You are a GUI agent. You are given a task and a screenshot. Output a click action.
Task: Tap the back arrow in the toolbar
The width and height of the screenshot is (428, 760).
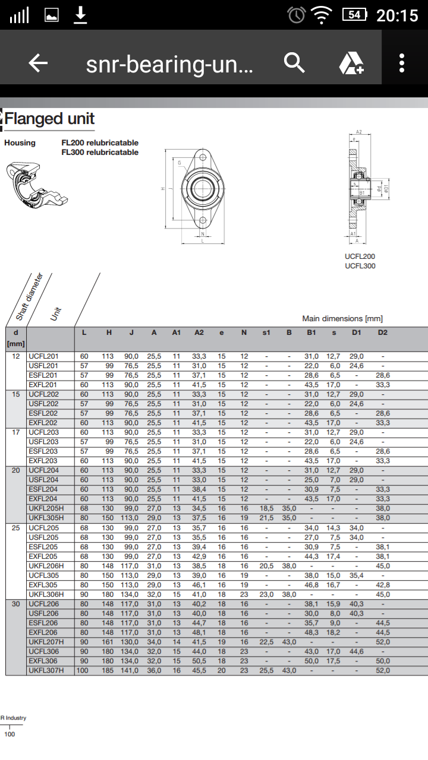pyautogui.click(x=38, y=63)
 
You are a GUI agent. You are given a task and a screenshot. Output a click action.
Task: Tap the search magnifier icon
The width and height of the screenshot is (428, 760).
pyautogui.click(x=294, y=62)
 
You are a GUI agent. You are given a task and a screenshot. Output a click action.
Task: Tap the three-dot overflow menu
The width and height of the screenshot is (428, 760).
pyautogui.click(x=402, y=63)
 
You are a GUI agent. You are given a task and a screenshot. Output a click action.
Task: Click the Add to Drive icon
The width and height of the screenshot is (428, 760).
pyautogui.click(x=351, y=63)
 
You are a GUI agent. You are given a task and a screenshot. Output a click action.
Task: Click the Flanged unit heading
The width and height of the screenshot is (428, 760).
pyautogui.click(x=50, y=119)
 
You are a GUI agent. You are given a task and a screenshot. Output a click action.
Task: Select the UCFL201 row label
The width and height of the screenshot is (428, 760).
pyautogui.click(x=43, y=356)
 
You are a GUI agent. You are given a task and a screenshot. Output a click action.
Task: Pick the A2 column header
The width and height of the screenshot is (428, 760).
pyautogui.click(x=199, y=332)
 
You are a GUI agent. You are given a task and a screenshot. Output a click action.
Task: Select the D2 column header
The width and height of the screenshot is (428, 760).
pyautogui.click(x=382, y=332)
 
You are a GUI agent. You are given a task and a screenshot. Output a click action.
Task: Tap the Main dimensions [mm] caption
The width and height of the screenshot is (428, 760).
pyautogui.click(x=342, y=319)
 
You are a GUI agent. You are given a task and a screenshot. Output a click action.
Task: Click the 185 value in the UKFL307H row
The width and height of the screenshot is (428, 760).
pyautogui.click(x=109, y=670)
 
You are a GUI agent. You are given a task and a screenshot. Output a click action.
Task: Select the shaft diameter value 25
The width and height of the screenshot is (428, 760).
pyautogui.click(x=16, y=527)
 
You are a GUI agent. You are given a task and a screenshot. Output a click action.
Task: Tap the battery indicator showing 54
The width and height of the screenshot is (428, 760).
pyautogui.click(x=355, y=15)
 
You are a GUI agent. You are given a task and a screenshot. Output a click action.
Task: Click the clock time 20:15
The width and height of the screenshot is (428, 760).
pyautogui.click(x=397, y=15)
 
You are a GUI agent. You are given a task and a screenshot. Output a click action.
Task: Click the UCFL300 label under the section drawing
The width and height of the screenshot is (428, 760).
pyautogui.click(x=360, y=266)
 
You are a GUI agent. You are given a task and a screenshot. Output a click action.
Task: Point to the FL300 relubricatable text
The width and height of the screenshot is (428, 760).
pyautogui.click(x=100, y=153)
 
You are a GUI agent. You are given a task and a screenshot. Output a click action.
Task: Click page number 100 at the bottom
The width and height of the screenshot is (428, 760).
pyautogui.click(x=10, y=734)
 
